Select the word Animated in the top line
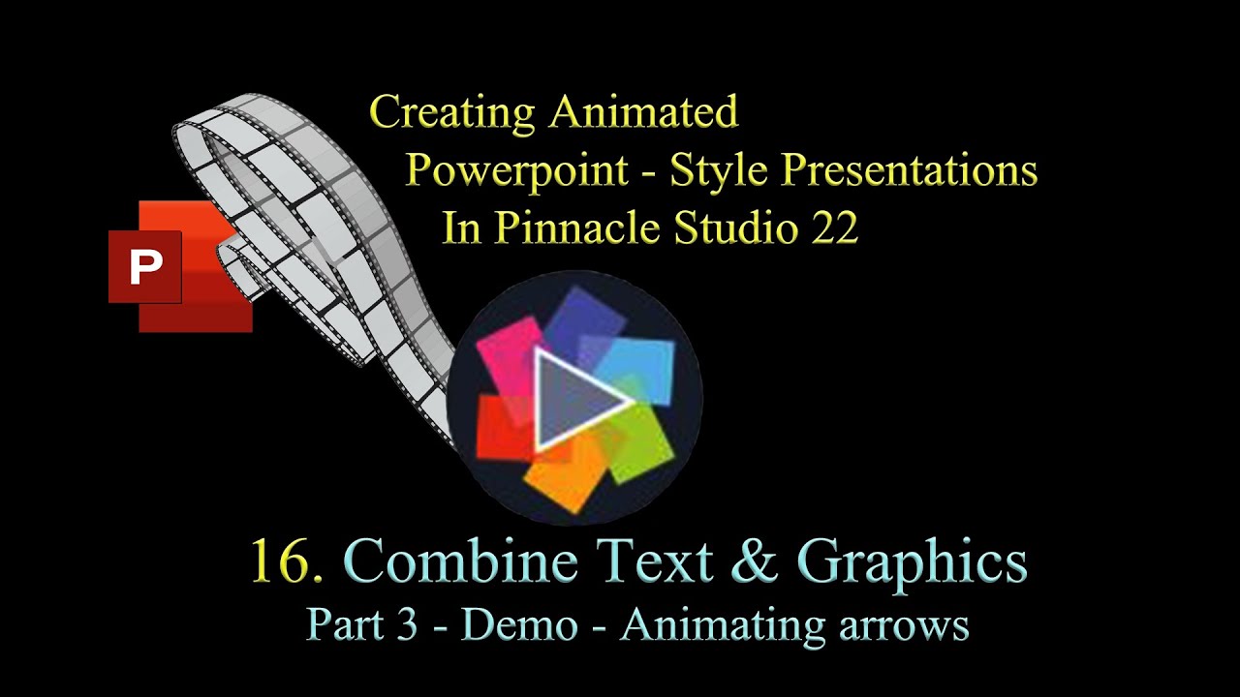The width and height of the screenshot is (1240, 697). pos(643,112)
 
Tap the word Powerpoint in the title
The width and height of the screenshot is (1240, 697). pos(517,171)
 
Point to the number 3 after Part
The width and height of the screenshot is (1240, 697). pos(406,625)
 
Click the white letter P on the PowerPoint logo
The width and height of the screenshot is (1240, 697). pos(145,267)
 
